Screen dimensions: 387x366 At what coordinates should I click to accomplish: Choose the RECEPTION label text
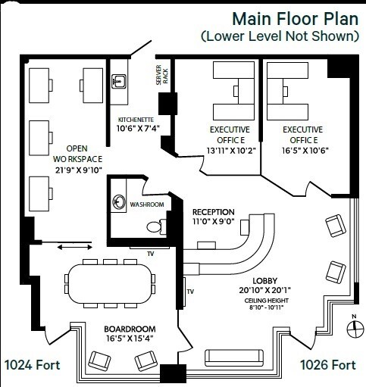tap(213, 211)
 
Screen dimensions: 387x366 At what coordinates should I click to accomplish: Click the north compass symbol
tap(352, 327)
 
